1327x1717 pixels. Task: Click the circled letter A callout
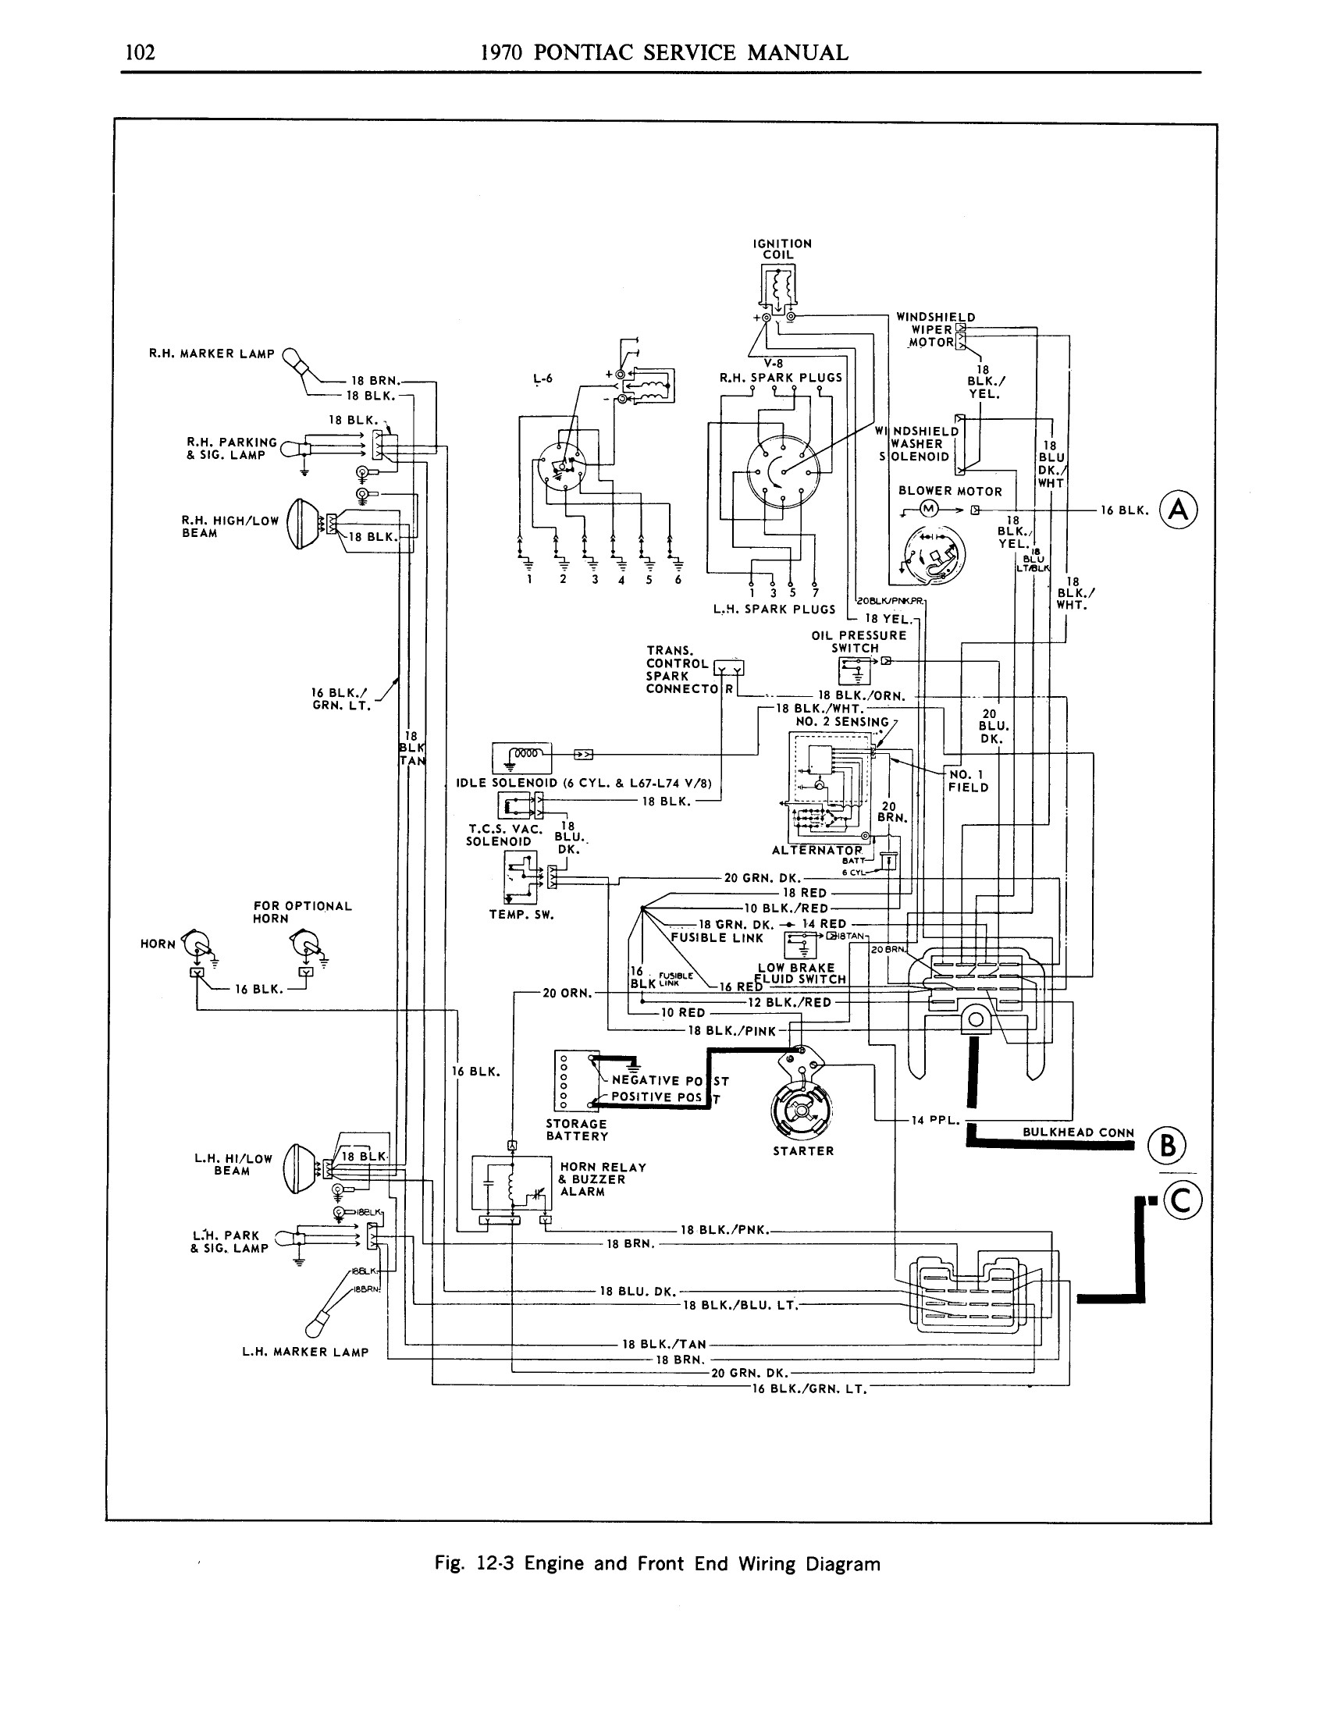[1179, 510]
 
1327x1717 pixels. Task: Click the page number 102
[141, 52]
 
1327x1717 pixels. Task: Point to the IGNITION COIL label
[781, 249]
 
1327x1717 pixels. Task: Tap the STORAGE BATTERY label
[577, 1130]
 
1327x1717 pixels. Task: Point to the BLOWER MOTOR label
[950, 492]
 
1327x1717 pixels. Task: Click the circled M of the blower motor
[928, 509]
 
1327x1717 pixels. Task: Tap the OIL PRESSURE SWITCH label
[859, 642]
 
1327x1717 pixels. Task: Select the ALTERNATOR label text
[816, 850]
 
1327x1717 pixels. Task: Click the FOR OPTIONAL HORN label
[302, 912]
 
